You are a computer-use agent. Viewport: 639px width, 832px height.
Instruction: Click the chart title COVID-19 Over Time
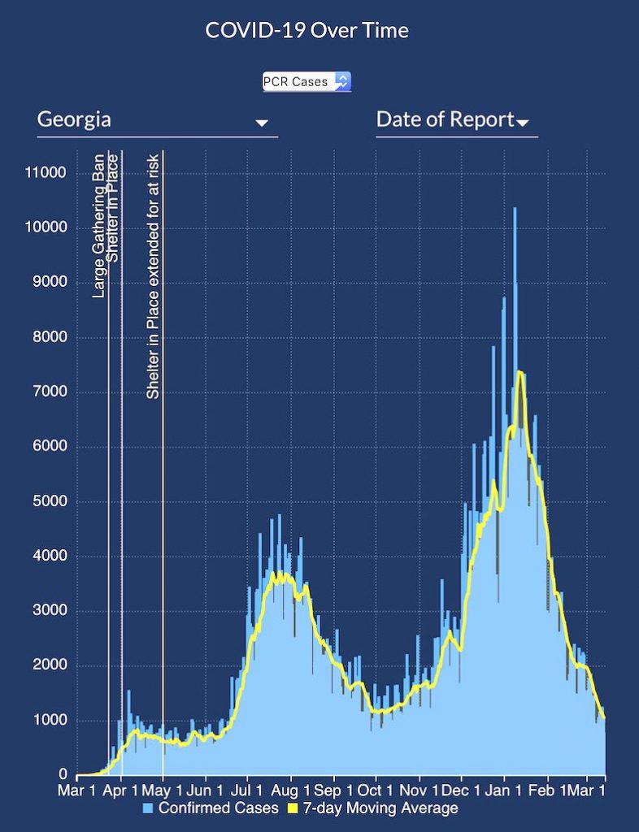coord(306,31)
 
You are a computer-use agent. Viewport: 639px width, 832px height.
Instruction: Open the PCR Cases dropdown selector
coord(306,81)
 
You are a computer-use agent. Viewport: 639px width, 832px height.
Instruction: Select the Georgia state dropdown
coord(154,120)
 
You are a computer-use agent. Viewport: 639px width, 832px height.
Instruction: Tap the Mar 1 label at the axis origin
coord(80,791)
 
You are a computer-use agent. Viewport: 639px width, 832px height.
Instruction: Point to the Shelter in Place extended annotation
coord(153,276)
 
